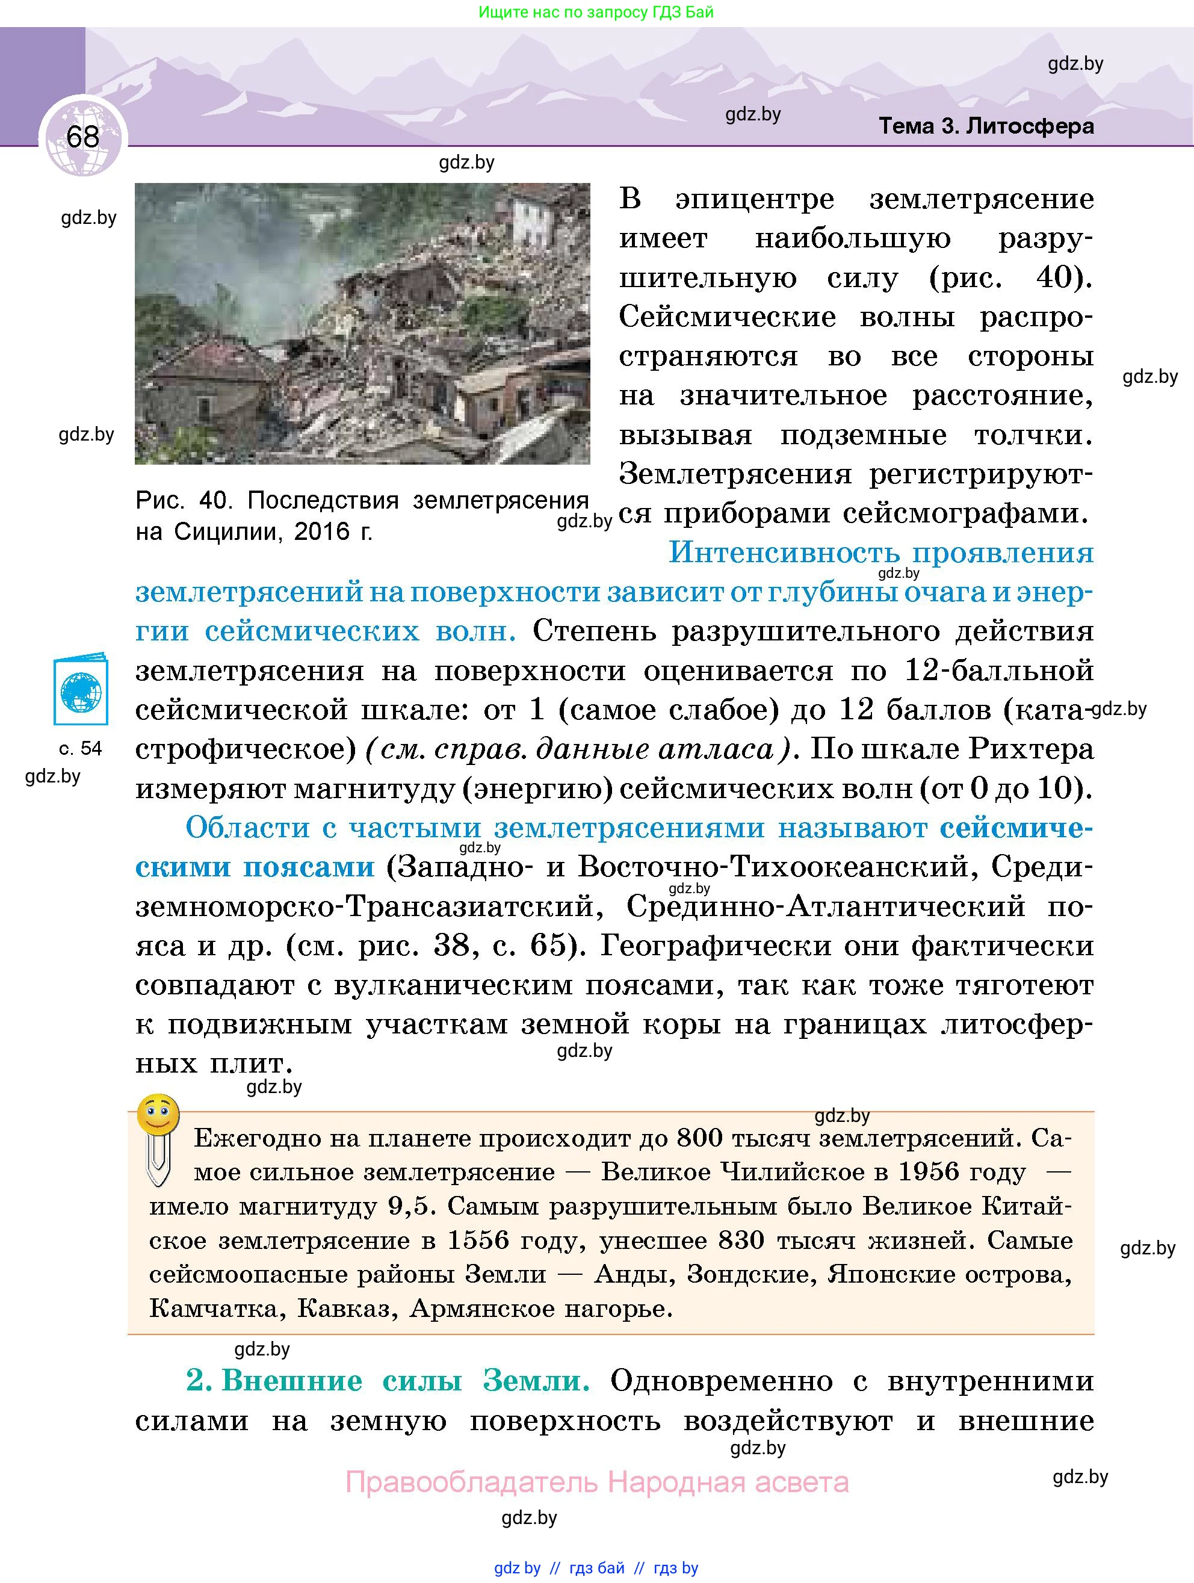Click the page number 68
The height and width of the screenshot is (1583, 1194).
[x=82, y=136]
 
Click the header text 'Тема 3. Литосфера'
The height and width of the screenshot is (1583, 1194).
[x=985, y=126]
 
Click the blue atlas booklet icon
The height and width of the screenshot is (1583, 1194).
[x=81, y=689]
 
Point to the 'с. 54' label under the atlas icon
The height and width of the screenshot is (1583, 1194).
[x=80, y=749]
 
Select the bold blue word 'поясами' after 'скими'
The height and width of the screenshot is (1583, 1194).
[x=308, y=867]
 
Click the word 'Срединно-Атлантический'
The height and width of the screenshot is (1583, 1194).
[x=826, y=906]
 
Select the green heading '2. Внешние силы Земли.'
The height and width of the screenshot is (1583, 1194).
[x=388, y=1381]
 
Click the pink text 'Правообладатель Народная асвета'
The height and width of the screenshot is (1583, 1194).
[x=596, y=1482]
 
